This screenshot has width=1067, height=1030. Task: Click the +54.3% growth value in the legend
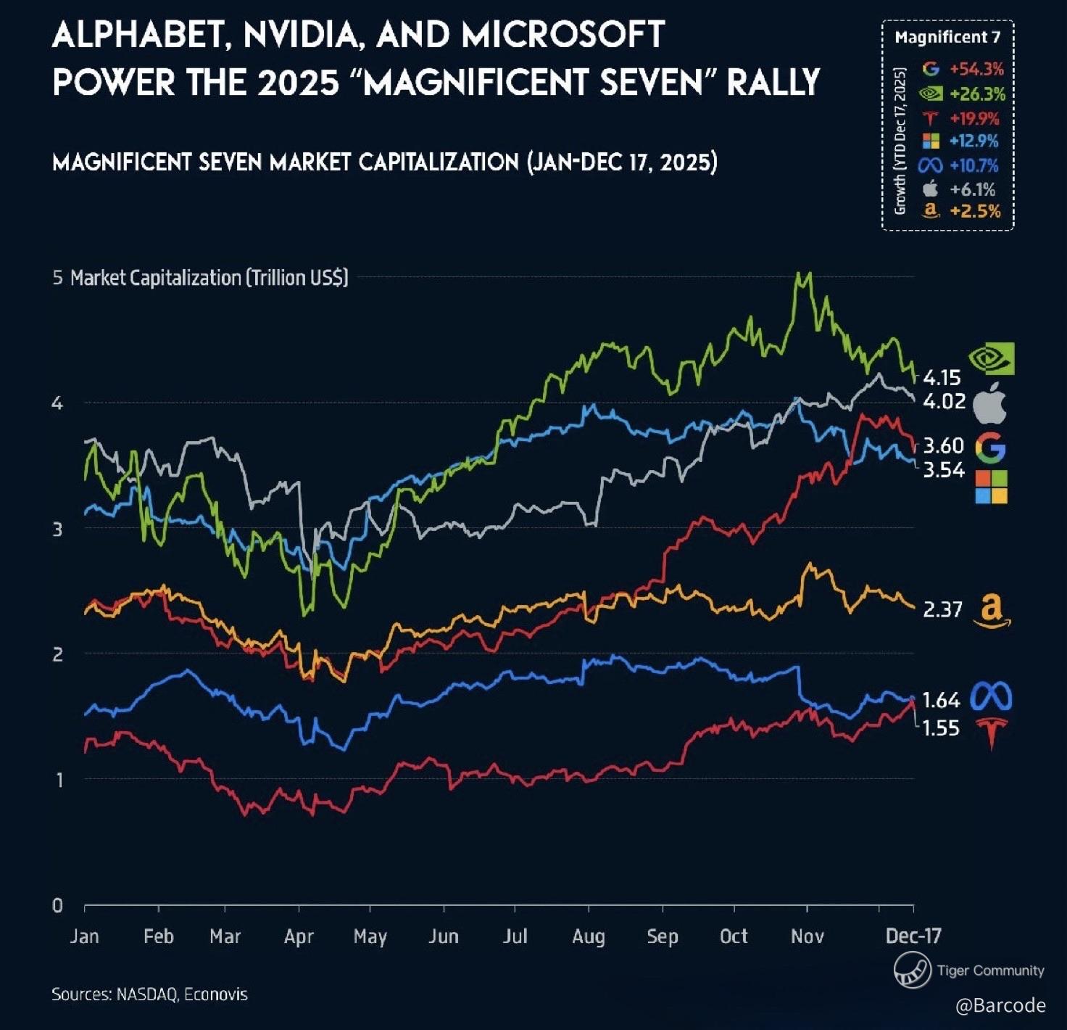pyautogui.click(x=976, y=70)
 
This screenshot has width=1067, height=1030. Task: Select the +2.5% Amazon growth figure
pyautogui.click(x=975, y=211)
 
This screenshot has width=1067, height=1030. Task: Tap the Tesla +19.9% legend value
pyautogui.click(x=974, y=118)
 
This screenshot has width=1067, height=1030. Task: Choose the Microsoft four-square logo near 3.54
pyautogui.click(x=991, y=487)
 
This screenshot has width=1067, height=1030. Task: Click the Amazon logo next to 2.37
pyautogui.click(x=991, y=611)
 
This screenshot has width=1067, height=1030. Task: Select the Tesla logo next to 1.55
pyautogui.click(x=991, y=732)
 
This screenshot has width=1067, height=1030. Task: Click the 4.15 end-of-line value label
pyautogui.click(x=942, y=377)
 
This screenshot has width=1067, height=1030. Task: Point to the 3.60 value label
pyautogui.click(x=943, y=445)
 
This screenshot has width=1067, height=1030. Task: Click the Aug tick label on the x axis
pyautogui.click(x=588, y=936)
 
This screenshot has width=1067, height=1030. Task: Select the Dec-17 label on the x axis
pyautogui.click(x=913, y=936)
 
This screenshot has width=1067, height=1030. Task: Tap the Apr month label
pyautogui.click(x=299, y=936)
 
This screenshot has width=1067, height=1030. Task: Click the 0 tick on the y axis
pyautogui.click(x=57, y=905)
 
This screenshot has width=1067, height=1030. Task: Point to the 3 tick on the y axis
pyautogui.click(x=57, y=529)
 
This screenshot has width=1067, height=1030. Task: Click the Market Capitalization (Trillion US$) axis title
pyautogui.click(x=209, y=278)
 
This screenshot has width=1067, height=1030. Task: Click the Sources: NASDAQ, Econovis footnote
pyautogui.click(x=149, y=994)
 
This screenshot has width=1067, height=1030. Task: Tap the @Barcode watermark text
pyautogui.click(x=1000, y=1005)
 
